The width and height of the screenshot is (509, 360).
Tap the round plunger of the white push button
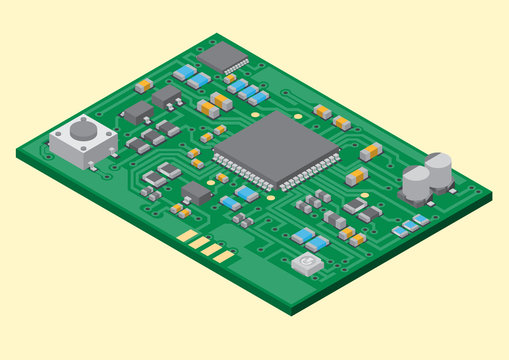point(82,129)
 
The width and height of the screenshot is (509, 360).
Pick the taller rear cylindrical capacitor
point(438,168)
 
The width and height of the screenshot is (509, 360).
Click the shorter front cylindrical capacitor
point(416,183)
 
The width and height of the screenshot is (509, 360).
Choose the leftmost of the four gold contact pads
point(187,236)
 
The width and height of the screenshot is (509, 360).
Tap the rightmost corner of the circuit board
point(492,195)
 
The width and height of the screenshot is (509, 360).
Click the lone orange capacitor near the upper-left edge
point(144,86)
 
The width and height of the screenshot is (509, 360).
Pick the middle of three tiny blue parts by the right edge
point(411,225)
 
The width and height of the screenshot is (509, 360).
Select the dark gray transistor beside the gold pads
point(196,192)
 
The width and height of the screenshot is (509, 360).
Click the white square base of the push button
point(79,146)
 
